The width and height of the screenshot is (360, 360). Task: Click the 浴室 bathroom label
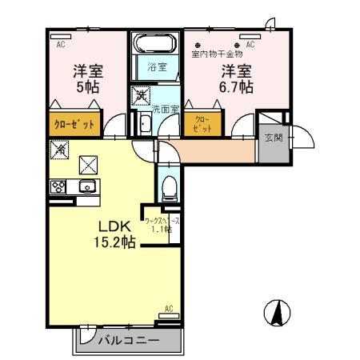click(x=156, y=67)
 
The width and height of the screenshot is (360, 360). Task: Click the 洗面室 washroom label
click(x=165, y=109)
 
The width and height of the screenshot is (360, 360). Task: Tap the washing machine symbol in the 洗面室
click(x=142, y=96)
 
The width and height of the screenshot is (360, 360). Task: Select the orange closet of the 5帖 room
click(x=75, y=124)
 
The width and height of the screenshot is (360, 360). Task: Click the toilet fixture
click(x=169, y=189)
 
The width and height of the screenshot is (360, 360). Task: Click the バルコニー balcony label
click(x=128, y=341)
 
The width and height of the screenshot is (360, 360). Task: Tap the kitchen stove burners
click(x=59, y=187)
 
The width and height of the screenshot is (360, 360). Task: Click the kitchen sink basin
click(x=88, y=187)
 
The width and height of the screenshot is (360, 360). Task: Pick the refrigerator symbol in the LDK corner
click(x=59, y=149)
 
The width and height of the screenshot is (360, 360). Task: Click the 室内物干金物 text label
click(x=217, y=54)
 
